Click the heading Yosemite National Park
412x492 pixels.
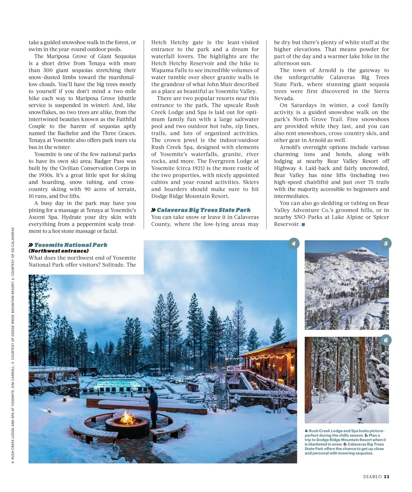tap(71, 245)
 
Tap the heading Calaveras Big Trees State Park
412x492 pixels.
tap(204, 210)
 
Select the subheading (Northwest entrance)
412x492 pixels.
tap(58, 251)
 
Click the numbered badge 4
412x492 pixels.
tap(294, 244)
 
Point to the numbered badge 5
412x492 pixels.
tap(386, 244)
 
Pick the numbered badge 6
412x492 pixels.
tap(386, 340)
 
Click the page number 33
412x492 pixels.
tap(387, 477)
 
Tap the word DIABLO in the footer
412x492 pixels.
tap(373, 477)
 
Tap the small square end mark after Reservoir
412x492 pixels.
tap(303, 225)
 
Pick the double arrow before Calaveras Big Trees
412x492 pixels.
tap(153, 210)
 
